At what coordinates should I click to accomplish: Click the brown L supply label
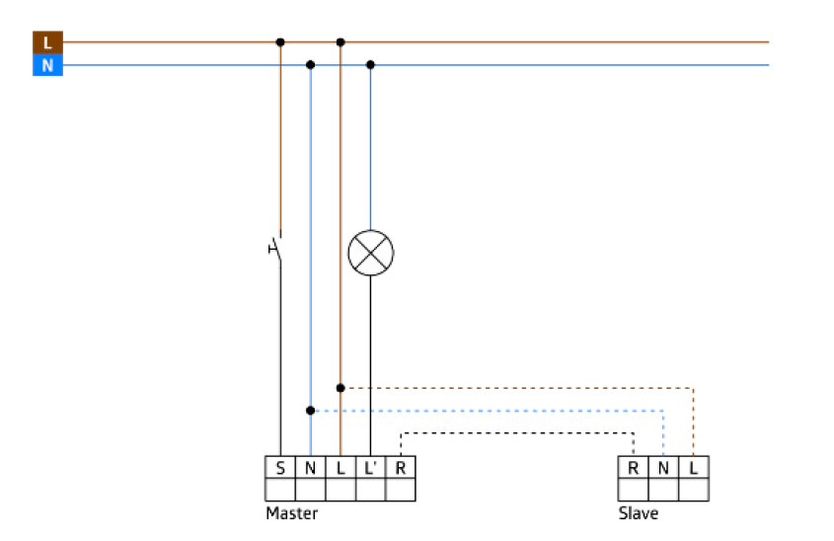point(47,42)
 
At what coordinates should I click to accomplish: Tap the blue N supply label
point(47,65)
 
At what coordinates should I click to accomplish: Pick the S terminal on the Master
point(280,467)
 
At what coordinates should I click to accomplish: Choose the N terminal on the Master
point(310,467)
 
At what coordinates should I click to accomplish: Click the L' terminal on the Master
point(370,467)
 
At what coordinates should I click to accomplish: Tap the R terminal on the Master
point(400,467)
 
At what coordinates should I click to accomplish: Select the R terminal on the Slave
point(633,467)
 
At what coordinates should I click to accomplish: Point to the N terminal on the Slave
point(663,467)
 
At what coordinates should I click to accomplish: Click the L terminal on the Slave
point(694,467)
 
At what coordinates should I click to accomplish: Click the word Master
point(291,513)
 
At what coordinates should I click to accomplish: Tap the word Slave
point(638,513)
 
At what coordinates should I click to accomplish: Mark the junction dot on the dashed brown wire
point(341,388)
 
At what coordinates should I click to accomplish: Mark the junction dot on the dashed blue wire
point(310,411)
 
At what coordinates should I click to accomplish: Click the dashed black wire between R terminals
point(513,432)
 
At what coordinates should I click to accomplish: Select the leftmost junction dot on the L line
point(280,42)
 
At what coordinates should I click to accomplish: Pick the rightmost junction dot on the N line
point(370,65)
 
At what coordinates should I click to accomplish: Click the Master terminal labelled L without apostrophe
point(341,467)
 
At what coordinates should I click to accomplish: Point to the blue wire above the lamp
point(370,148)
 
